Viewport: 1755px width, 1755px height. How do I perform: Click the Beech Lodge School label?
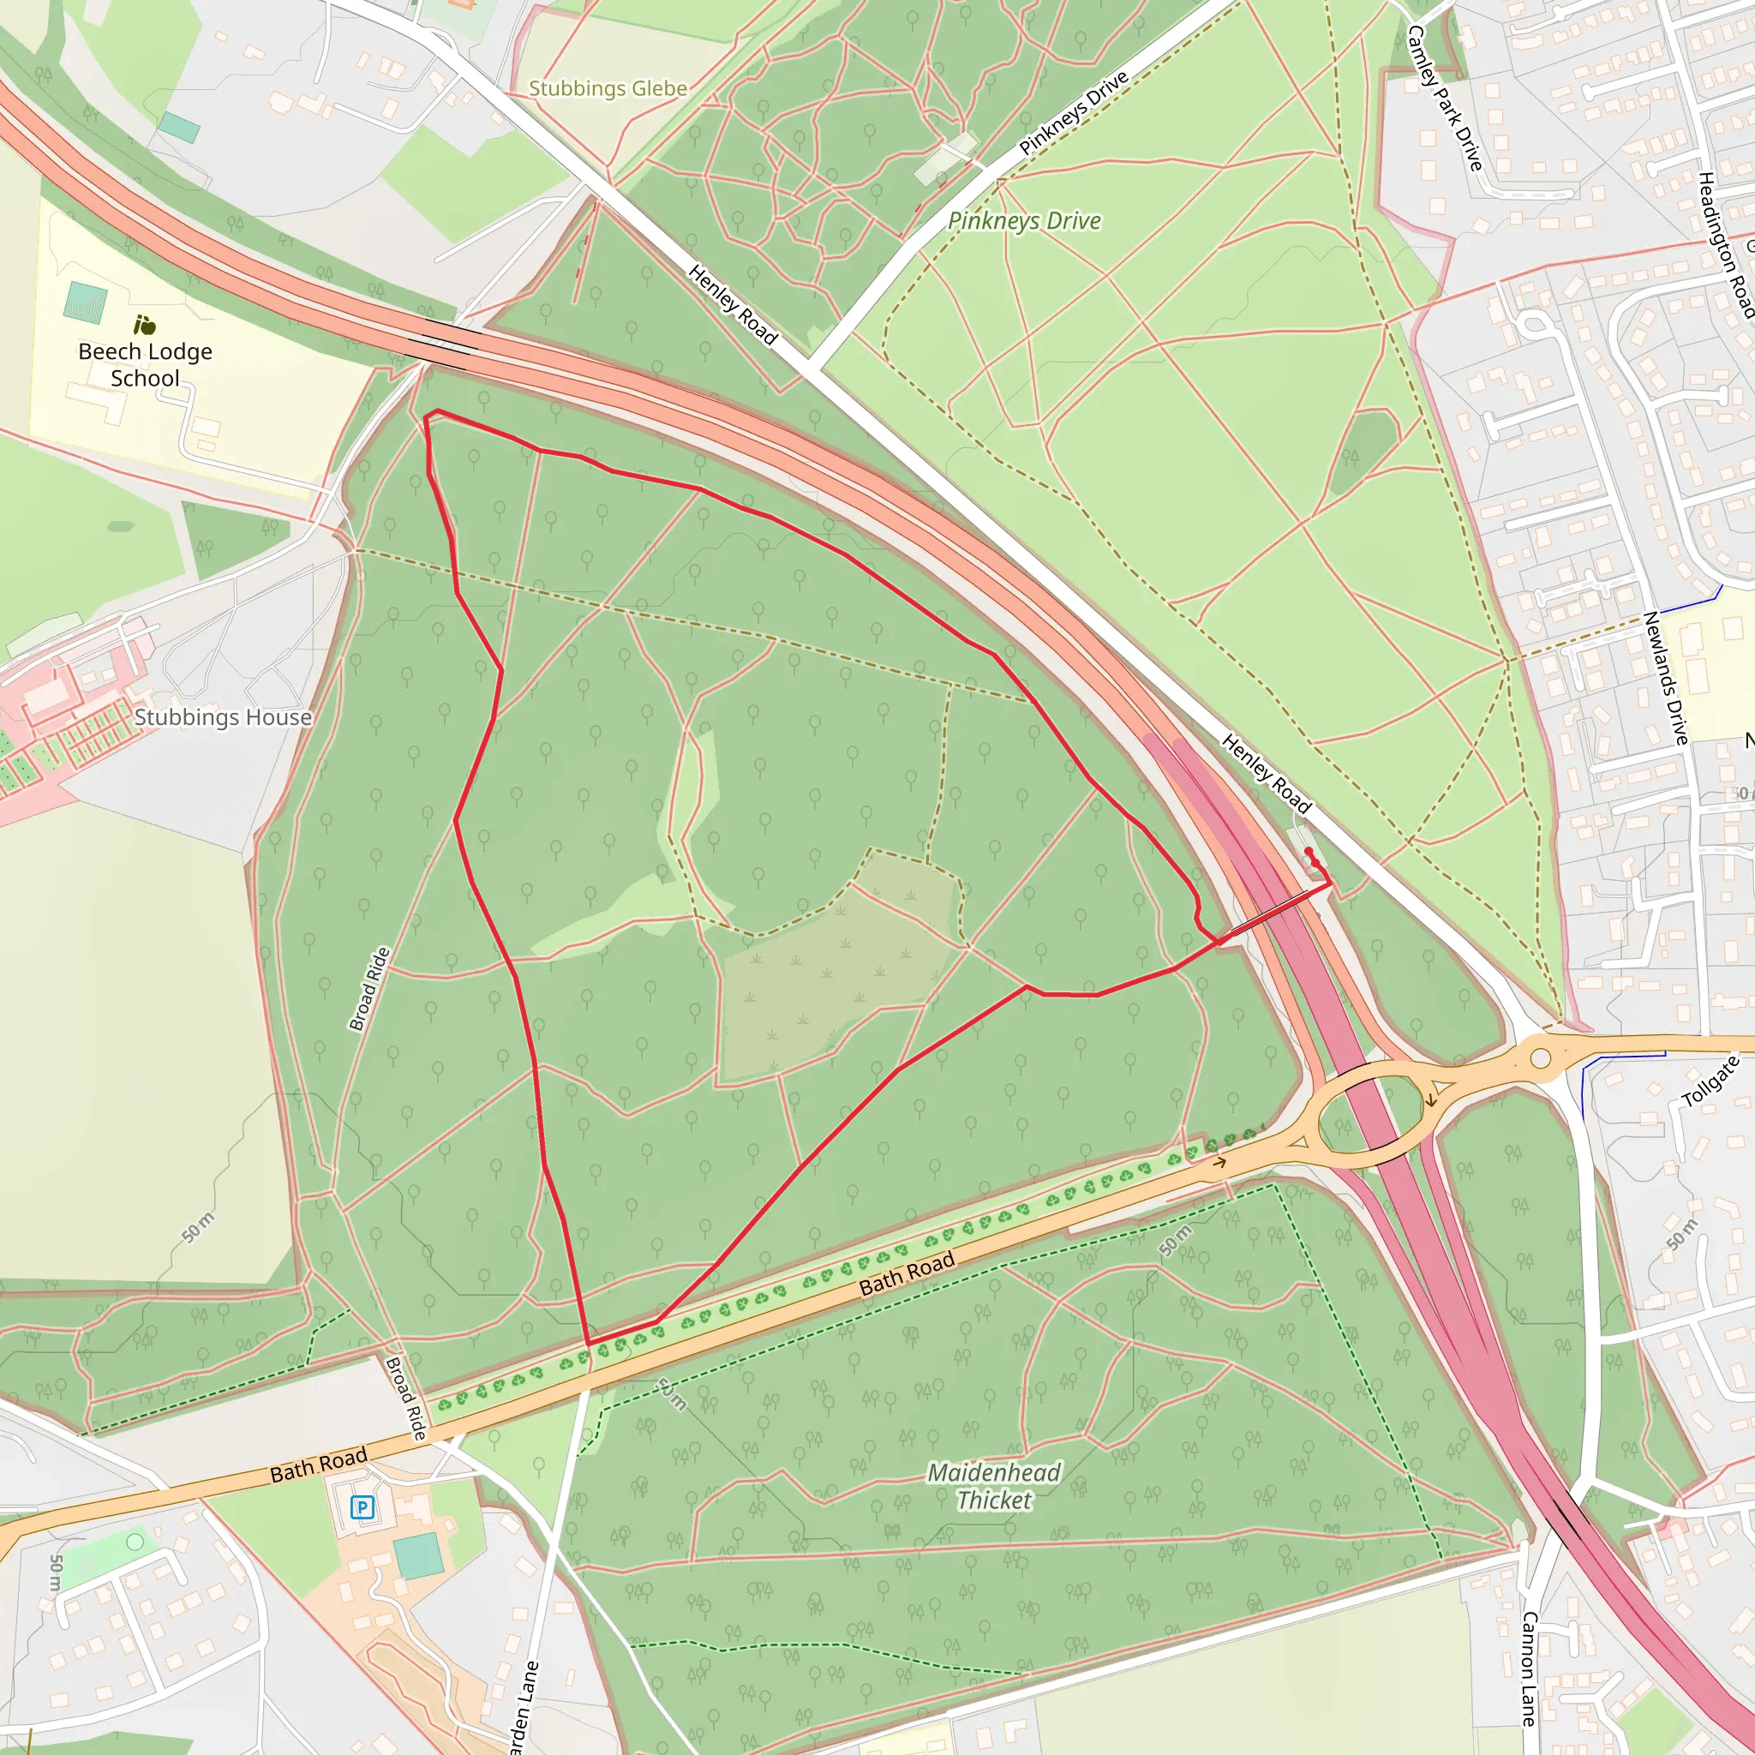[x=146, y=364]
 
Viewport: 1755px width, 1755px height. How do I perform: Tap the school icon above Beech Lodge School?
[x=145, y=324]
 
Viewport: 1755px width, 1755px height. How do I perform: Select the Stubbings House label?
[x=223, y=717]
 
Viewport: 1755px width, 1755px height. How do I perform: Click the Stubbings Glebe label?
[x=608, y=89]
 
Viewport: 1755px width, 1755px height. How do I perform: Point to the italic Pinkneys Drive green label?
[x=1024, y=221]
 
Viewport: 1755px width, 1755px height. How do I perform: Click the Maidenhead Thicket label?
[x=994, y=1486]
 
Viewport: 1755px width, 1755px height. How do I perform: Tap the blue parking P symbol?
[x=362, y=1508]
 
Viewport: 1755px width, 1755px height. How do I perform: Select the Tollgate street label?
[x=1710, y=1081]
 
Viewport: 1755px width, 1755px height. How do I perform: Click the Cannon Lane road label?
[x=1529, y=1668]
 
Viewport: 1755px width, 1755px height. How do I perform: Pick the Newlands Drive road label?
[x=1666, y=678]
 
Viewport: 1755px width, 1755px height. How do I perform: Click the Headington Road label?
[x=1725, y=245]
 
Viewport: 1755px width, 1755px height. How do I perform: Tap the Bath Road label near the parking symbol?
[x=319, y=1465]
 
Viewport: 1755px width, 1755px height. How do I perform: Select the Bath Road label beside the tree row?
[x=907, y=1273]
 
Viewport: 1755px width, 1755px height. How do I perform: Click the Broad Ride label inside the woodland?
[x=369, y=988]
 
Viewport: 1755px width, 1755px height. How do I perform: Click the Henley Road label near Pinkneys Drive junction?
[x=732, y=305]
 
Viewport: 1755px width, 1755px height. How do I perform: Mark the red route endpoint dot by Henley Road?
[x=1308, y=850]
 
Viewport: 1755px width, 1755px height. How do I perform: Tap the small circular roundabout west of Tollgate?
[x=1541, y=1058]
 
